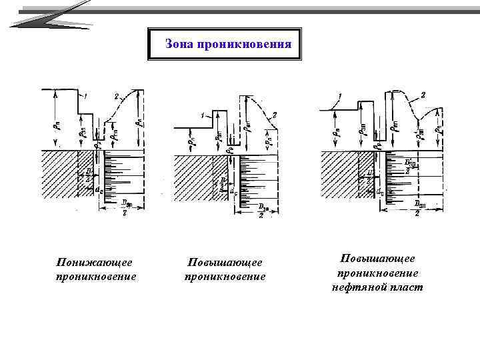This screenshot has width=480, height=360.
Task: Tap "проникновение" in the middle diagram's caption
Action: (x=225, y=276)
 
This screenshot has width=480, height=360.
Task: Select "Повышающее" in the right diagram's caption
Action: (x=377, y=258)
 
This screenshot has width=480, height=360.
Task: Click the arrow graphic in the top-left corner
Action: (x=50, y=15)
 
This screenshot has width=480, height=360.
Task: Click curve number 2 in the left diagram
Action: (x=116, y=97)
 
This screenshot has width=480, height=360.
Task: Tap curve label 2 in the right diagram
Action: (x=423, y=95)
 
